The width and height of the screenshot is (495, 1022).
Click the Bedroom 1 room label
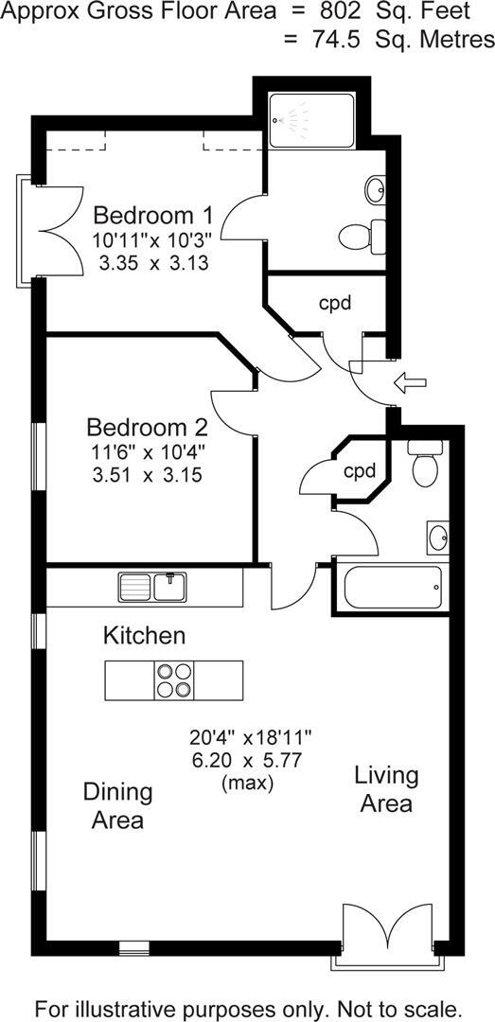pos(153,213)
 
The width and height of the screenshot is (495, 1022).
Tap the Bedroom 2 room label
pos(147,426)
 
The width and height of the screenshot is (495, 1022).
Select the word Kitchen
pos(144,634)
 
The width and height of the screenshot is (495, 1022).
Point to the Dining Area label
pos(117,805)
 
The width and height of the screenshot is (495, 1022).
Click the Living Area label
pos(385,789)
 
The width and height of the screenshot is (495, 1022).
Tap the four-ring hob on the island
pos(173,678)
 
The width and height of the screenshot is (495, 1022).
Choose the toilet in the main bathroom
pos(422,465)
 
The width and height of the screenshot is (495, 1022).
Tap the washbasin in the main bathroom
pos(439,538)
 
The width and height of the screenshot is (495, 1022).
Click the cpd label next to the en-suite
pos(334,304)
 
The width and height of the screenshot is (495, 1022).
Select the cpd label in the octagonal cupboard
pos(360,470)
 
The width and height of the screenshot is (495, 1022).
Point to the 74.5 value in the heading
pos(330,40)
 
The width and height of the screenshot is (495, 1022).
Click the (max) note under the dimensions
pos(247,784)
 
